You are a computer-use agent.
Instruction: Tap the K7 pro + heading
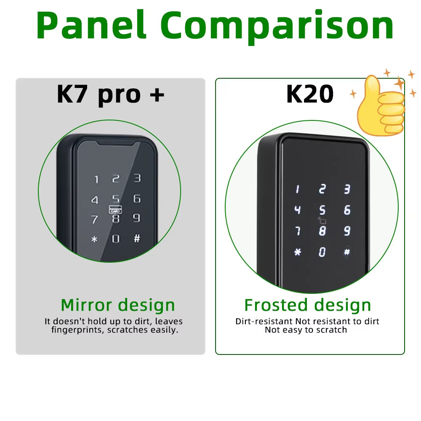[x=110, y=93]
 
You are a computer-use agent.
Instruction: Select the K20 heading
[x=309, y=93]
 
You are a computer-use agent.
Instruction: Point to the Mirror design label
[x=117, y=305]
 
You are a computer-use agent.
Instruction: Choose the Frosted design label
[x=307, y=305]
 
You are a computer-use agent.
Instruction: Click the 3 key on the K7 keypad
[x=137, y=179]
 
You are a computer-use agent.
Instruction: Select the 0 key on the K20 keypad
[x=322, y=252]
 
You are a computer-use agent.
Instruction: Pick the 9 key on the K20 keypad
[x=347, y=231]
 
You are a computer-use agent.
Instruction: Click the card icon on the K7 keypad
[x=115, y=208]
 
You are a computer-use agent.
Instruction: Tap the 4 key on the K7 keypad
[x=95, y=200]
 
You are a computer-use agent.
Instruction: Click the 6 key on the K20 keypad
[x=347, y=210]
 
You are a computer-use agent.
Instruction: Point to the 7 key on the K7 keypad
[x=95, y=219]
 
